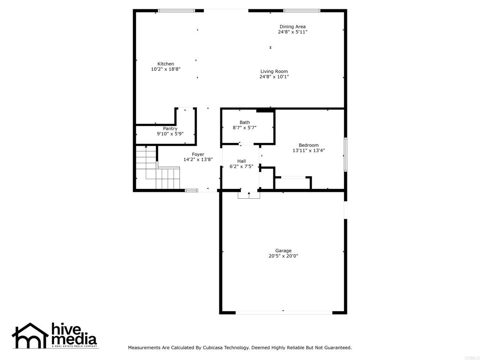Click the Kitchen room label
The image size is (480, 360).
[x=165, y=64]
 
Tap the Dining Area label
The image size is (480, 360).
[x=292, y=27]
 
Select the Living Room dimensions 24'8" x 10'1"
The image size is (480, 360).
[x=274, y=77]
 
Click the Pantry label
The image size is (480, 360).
[x=170, y=128]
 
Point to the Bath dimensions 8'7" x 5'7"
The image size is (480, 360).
[x=245, y=128]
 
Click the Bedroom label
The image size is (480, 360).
[x=308, y=145]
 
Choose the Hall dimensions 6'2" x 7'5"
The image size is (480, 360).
[x=241, y=166]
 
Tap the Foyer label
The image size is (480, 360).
[x=198, y=154]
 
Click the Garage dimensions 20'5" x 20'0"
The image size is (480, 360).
[x=283, y=256]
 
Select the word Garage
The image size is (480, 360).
[x=283, y=251]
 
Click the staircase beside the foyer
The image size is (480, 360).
[x=157, y=169]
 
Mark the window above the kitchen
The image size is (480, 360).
[x=176, y=10]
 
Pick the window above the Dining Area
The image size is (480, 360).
[x=301, y=10]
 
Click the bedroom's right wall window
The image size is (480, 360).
[x=345, y=154]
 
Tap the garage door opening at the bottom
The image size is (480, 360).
[x=284, y=312]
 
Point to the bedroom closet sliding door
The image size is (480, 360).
[x=292, y=177]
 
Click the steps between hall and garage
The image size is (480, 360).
[x=248, y=195]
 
